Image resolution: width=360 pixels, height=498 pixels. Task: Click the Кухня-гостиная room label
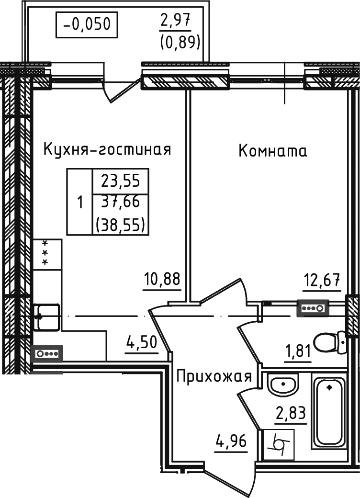coord(107,149)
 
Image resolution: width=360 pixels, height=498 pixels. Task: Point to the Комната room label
coord(273,151)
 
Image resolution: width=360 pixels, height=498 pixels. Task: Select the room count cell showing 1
coord(79,202)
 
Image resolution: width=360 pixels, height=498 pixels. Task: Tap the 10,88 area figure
coord(162,279)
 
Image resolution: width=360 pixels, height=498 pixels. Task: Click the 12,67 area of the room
coord(322,279)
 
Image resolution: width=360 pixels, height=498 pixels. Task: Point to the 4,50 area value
coord(142,343)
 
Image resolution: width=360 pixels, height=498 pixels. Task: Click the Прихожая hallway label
coord(214,376)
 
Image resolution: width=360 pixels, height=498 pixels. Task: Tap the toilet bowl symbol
coord(334,340)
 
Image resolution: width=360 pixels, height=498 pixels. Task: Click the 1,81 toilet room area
coord(299,354)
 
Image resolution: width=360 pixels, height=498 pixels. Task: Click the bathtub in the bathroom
coord(329,412)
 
